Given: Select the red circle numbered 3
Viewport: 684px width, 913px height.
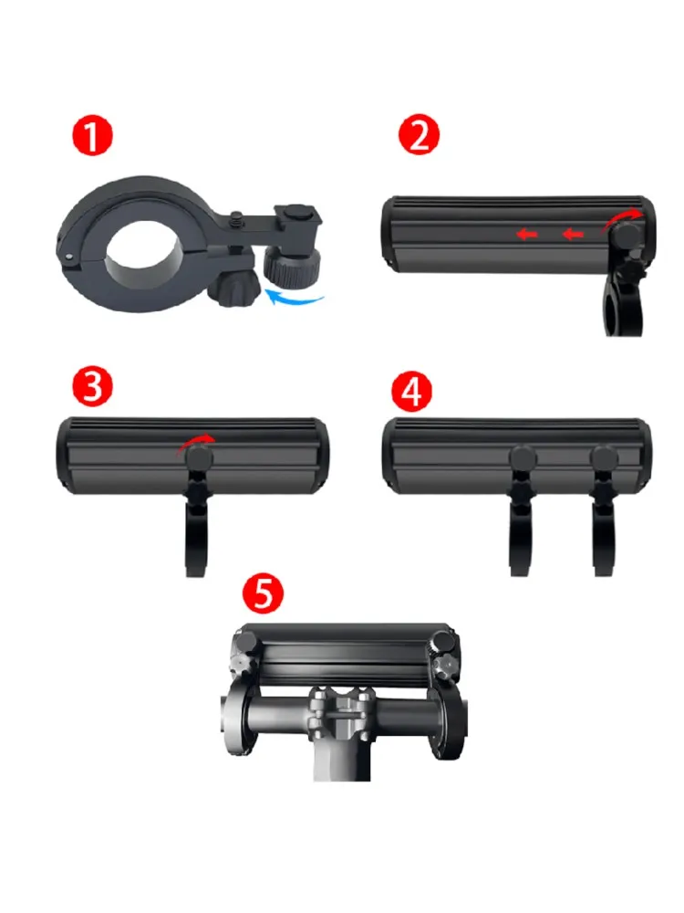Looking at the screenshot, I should (x=92, y=387).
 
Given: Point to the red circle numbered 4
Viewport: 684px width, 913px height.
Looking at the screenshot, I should (x=411, y=391).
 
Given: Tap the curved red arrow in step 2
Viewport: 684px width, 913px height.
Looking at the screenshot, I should (x=626, y=217).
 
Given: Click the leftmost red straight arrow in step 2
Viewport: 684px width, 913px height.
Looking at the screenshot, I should (x=525, y=235).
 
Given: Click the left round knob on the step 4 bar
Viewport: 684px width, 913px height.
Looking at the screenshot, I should (x=523, y=457).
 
